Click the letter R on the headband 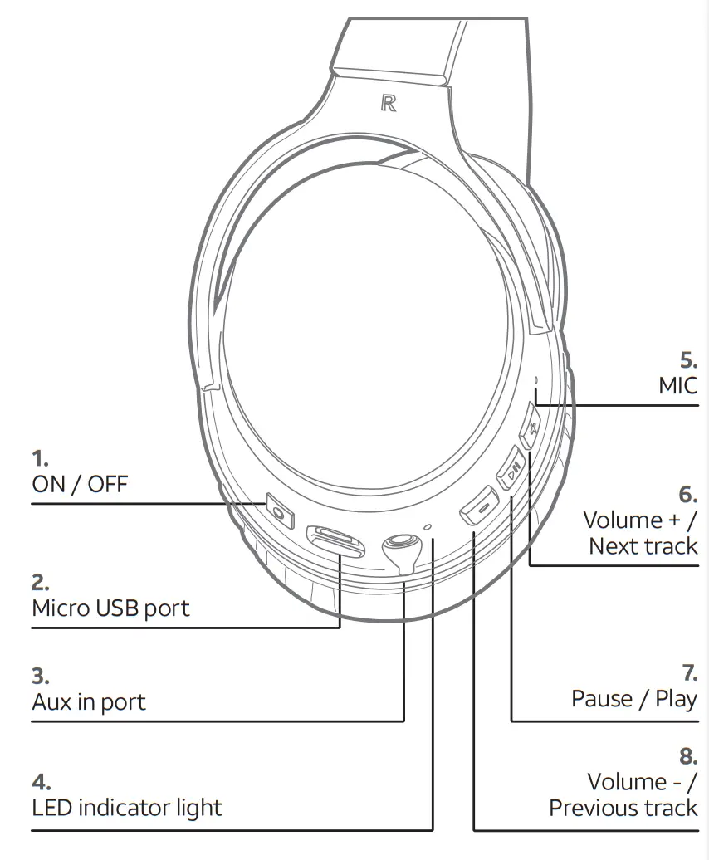point(388,104)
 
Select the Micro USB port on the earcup point(335,541)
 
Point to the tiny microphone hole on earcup point(536,383)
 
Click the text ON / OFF point(80,484)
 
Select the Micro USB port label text point(110,608)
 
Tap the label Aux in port point(89,702)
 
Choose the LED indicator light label point(127,807)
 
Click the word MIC point(677,385)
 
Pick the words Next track point(643,546)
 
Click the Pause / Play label point(634,699)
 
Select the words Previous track point(623,808)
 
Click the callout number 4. point(41,781)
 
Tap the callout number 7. point(688,672)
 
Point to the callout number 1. point(40,457)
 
